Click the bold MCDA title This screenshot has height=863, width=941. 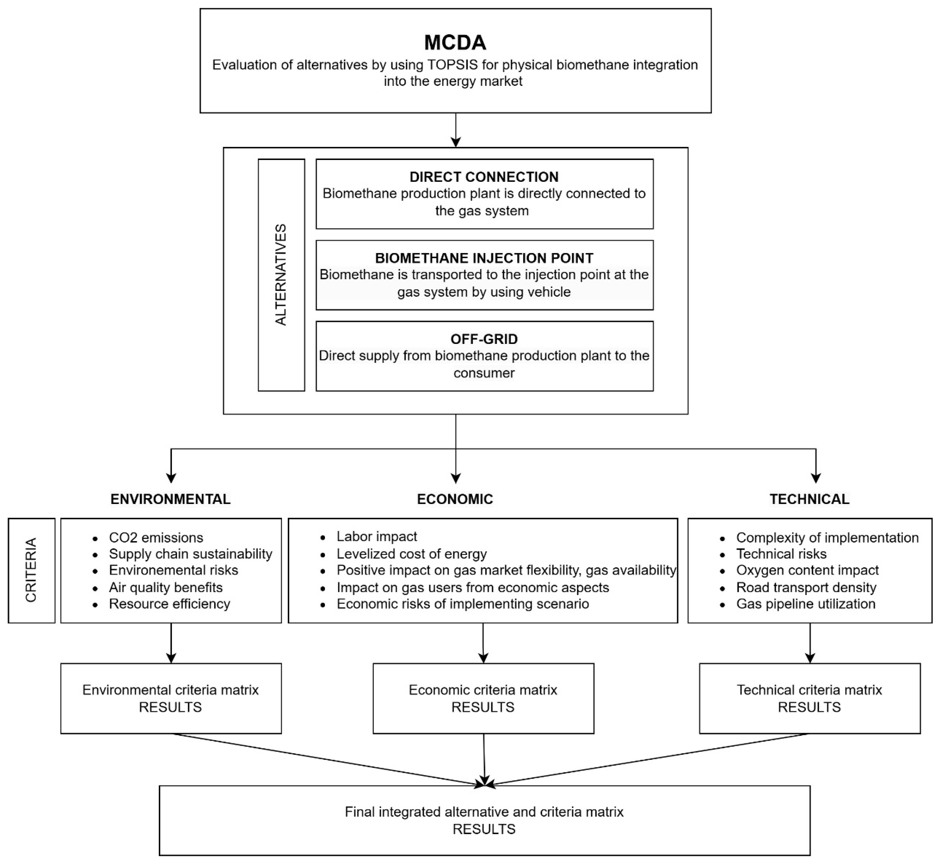pos(455,42)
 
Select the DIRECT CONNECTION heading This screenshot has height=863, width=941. pos(484,177)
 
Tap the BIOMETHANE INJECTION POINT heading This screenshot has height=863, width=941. pos(484,258)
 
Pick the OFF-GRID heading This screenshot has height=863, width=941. pos(484,339)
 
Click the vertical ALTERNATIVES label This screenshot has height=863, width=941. pos(281,275)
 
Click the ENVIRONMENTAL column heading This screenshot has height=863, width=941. pos(171,499)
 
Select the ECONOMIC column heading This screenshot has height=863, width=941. pos(455,499)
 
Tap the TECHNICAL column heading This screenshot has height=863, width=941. pos(809,499)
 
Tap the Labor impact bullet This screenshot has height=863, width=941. pos(377,536)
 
